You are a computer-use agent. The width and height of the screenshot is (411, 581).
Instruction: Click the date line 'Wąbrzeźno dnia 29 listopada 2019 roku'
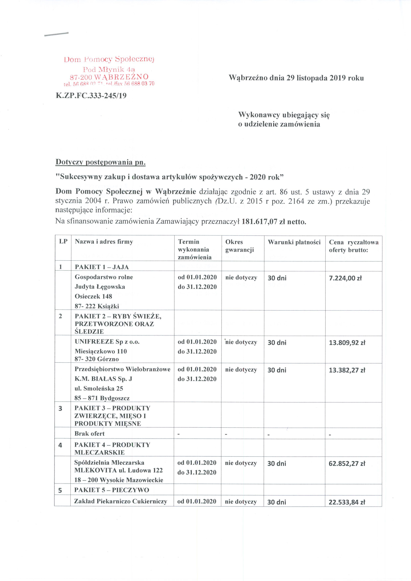pyautogui.click(x=296, y=78)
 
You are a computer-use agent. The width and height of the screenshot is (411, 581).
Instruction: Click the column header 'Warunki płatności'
pyautogui.click(x=294, y=242)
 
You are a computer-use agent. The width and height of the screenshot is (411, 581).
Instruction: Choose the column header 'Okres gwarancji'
pyautogui.click(x=239, y=246)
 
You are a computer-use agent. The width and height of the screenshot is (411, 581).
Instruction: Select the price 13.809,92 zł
pyautogui.click(x=347, y=343)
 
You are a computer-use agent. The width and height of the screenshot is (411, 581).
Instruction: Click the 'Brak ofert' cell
pyautogui.click(x=90, y=434)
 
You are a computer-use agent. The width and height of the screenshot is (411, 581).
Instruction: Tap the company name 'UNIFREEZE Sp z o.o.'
pyautogui.click(x=107, y=342)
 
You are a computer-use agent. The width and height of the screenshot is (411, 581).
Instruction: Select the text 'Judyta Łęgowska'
pyautogui.click(x=100, y=287)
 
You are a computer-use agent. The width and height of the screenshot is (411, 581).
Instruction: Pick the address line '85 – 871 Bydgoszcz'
pyautogui.click(x=102, y=398)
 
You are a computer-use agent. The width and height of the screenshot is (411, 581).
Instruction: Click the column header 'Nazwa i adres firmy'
pyautogui.click(x=104, y=242)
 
